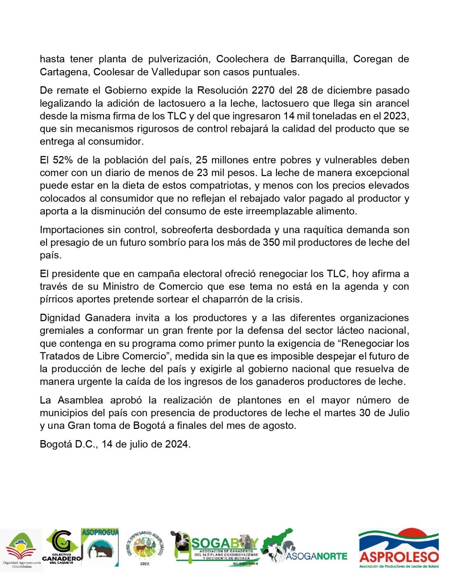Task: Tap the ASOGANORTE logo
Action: (304, 547)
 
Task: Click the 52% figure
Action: (64, 160)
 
